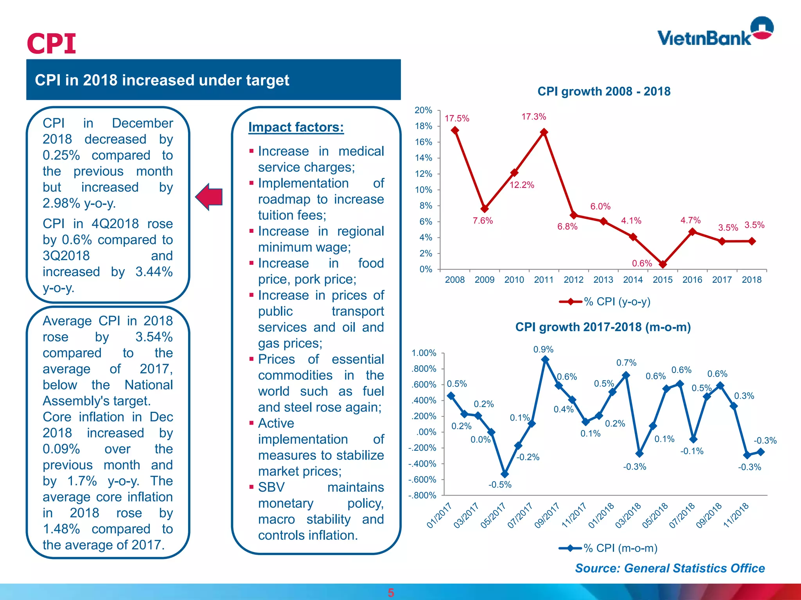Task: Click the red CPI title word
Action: point(51,43)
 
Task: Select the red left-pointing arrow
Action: point(210,196)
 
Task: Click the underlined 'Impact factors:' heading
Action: point(296,127)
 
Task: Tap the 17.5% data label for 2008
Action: point(457,118)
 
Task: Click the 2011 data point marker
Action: point(544,132)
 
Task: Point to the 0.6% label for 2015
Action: point(642,263)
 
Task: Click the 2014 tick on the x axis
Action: point(632,280)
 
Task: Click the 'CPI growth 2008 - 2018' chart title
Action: point(603,91)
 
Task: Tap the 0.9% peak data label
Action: point(543,349)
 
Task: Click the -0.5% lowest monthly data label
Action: point(500,485)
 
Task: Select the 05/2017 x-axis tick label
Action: point(493,516)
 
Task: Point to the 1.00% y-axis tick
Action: point(424,353)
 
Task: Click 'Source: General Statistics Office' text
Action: point(670,568)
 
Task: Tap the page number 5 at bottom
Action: point(391,593)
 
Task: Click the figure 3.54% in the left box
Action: point(154,337)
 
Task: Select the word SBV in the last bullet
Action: point(271,487)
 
